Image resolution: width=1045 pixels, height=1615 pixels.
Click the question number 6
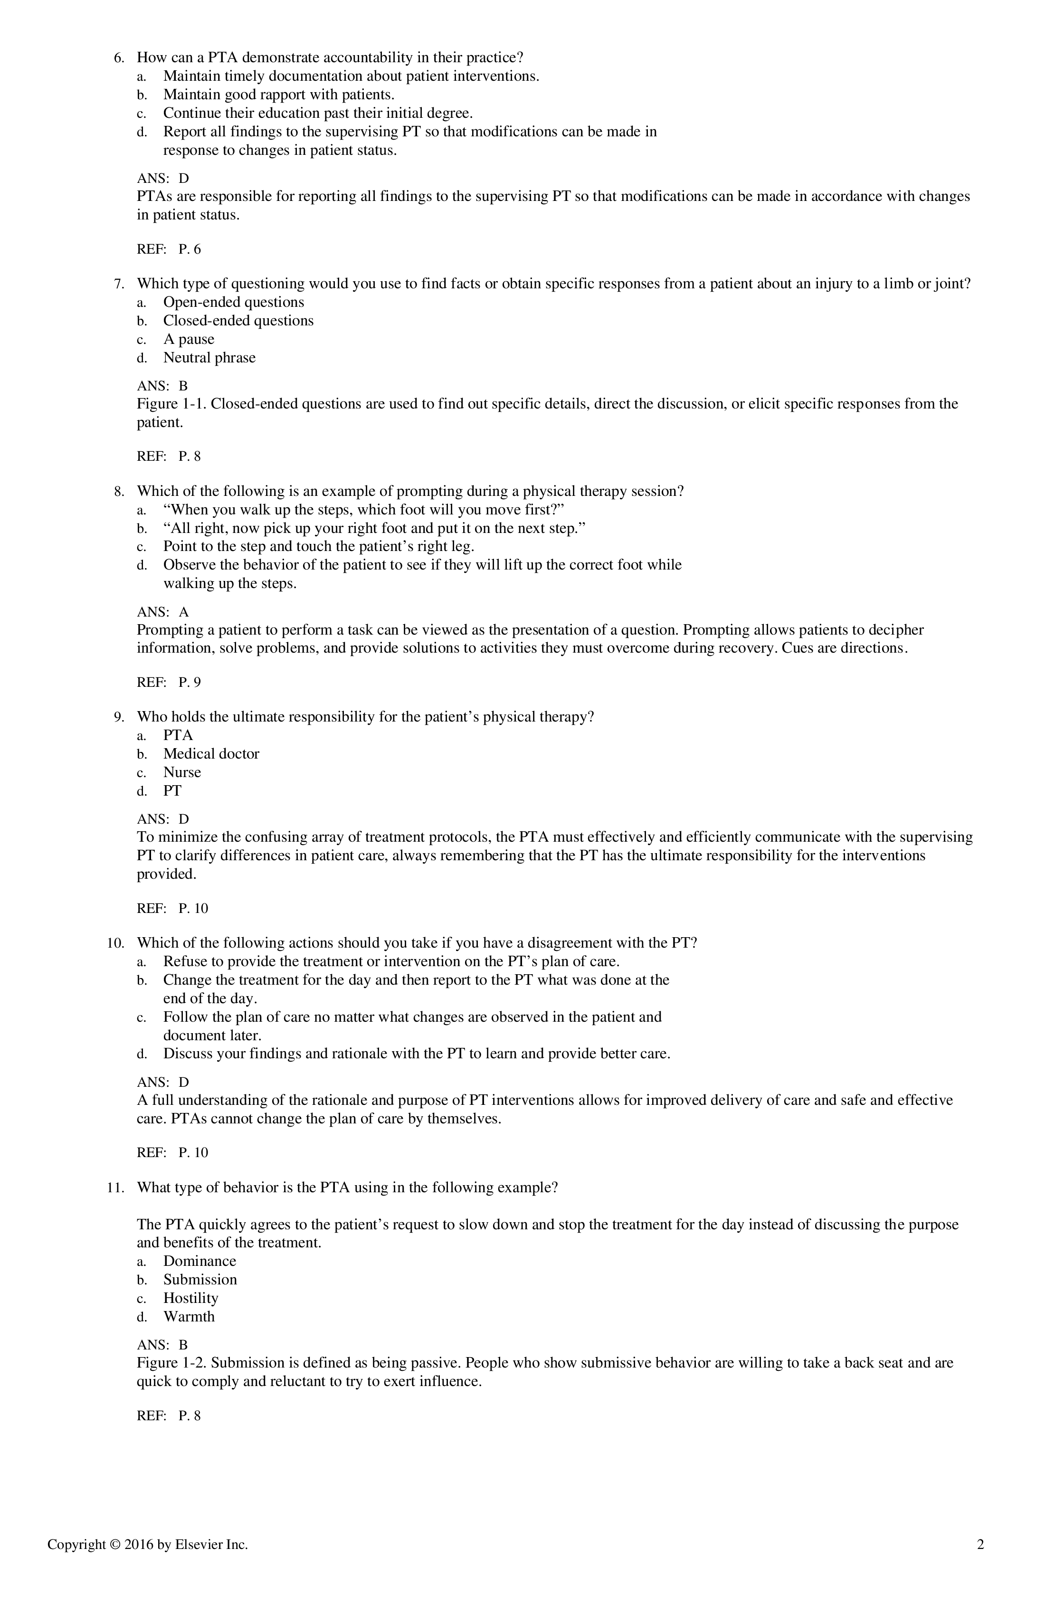coord(118,58)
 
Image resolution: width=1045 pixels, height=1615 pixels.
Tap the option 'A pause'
coord(189,339)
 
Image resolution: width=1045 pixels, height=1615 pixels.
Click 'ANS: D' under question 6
coord(163,179)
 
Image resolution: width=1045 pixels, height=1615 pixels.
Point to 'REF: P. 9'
coord(169,682)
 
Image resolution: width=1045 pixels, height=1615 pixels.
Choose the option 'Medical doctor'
coord(211,754)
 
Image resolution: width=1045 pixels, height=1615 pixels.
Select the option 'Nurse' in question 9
coord(182,772)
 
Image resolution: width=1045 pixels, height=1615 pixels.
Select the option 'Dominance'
coord(199,1261)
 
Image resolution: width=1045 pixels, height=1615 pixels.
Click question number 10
coord(115,942)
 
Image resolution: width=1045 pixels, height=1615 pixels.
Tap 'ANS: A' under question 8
coord(163,612)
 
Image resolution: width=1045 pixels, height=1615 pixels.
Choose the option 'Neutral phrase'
coord(209,358)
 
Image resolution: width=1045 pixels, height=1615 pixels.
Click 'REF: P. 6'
coord(169,249)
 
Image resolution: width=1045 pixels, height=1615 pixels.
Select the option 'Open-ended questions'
coord(233,302)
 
